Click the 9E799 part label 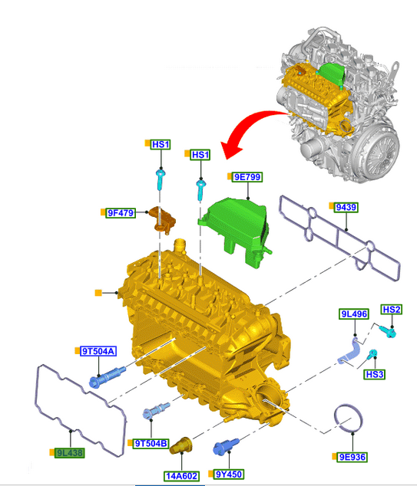(x=248, y=177)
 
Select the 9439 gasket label (x=346, y=207)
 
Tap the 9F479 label (x=121, y=213)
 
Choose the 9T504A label (x=98, y=351)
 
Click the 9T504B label (x=151, y=444)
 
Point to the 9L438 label (x=70, y=453)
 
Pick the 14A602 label (x=182, y=476)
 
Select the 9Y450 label (x=229, y=475)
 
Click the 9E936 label (x=352, y=457)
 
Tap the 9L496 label (x=354, y=314)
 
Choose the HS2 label (x=392, y=310)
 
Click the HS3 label (x=375, y=374)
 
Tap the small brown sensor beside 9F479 (x=162, y=219)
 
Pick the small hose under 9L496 (x=349, y=353)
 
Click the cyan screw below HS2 (x=388, y=332)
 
